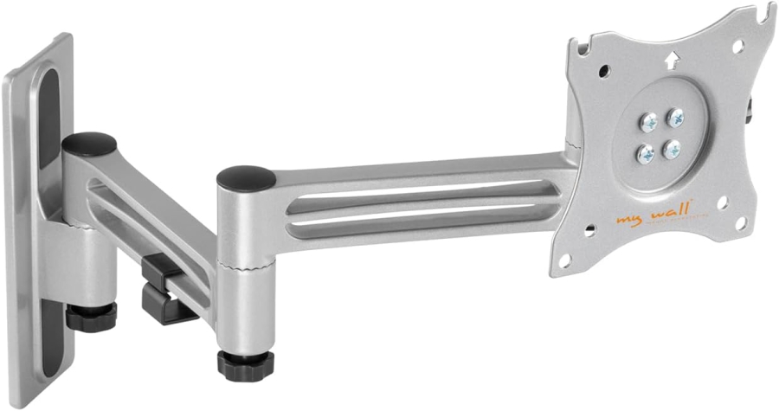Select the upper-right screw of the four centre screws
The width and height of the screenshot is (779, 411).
675,117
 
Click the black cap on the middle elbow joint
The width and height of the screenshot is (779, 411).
246,177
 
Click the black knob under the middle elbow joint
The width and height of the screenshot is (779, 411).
245,363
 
